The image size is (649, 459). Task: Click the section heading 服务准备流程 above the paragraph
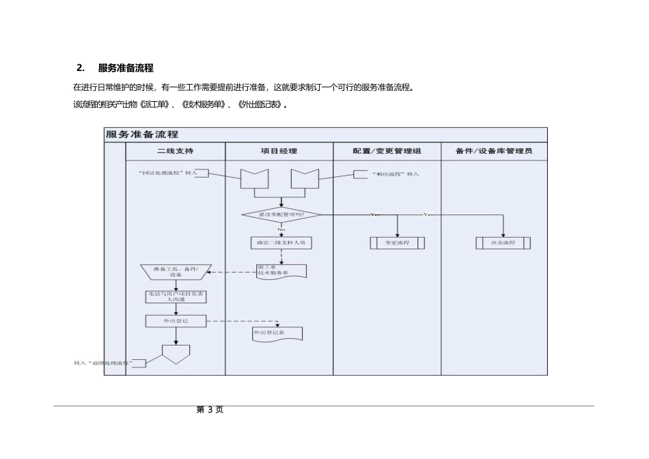pyautogui.click(x=126, y=68)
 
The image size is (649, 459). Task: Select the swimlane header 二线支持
pyautogui.click(x=175, y=151)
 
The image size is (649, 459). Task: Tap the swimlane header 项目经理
pyautogui.click(x=279, y=151)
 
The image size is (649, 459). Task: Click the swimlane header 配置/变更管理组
pyautogui.click(x=387, y=151)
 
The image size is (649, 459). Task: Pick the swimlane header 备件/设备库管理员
pyautogui.click(x=493, y=151)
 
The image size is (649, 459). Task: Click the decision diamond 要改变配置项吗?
pyautogui.click(x=281, y=214)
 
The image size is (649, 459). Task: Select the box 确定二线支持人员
pyautogui.click(x=281, y=242)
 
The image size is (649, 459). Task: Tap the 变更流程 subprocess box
pyautogui.click(x=397, y=242)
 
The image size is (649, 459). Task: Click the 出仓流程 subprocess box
pyautogui.click(x=503, y=242)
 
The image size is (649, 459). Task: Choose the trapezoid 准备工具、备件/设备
pyautogui.click(x=176, y=272)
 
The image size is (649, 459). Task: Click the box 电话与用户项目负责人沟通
pyautogui.click(x=176, y=296)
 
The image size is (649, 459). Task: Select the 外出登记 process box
pyautogui.click(x=176, y=320)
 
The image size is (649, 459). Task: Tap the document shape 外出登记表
pyautogui.click(x=277, y=334)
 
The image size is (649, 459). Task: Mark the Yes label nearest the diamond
pyautogui.click(x=375, y=214)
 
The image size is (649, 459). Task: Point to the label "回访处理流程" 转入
pyautogui.click(x=167, y=173)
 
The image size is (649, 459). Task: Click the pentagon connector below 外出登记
pyautogui.click(x=176, y=353)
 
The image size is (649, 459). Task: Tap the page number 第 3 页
pyautogui.click(x=210, y=410)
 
